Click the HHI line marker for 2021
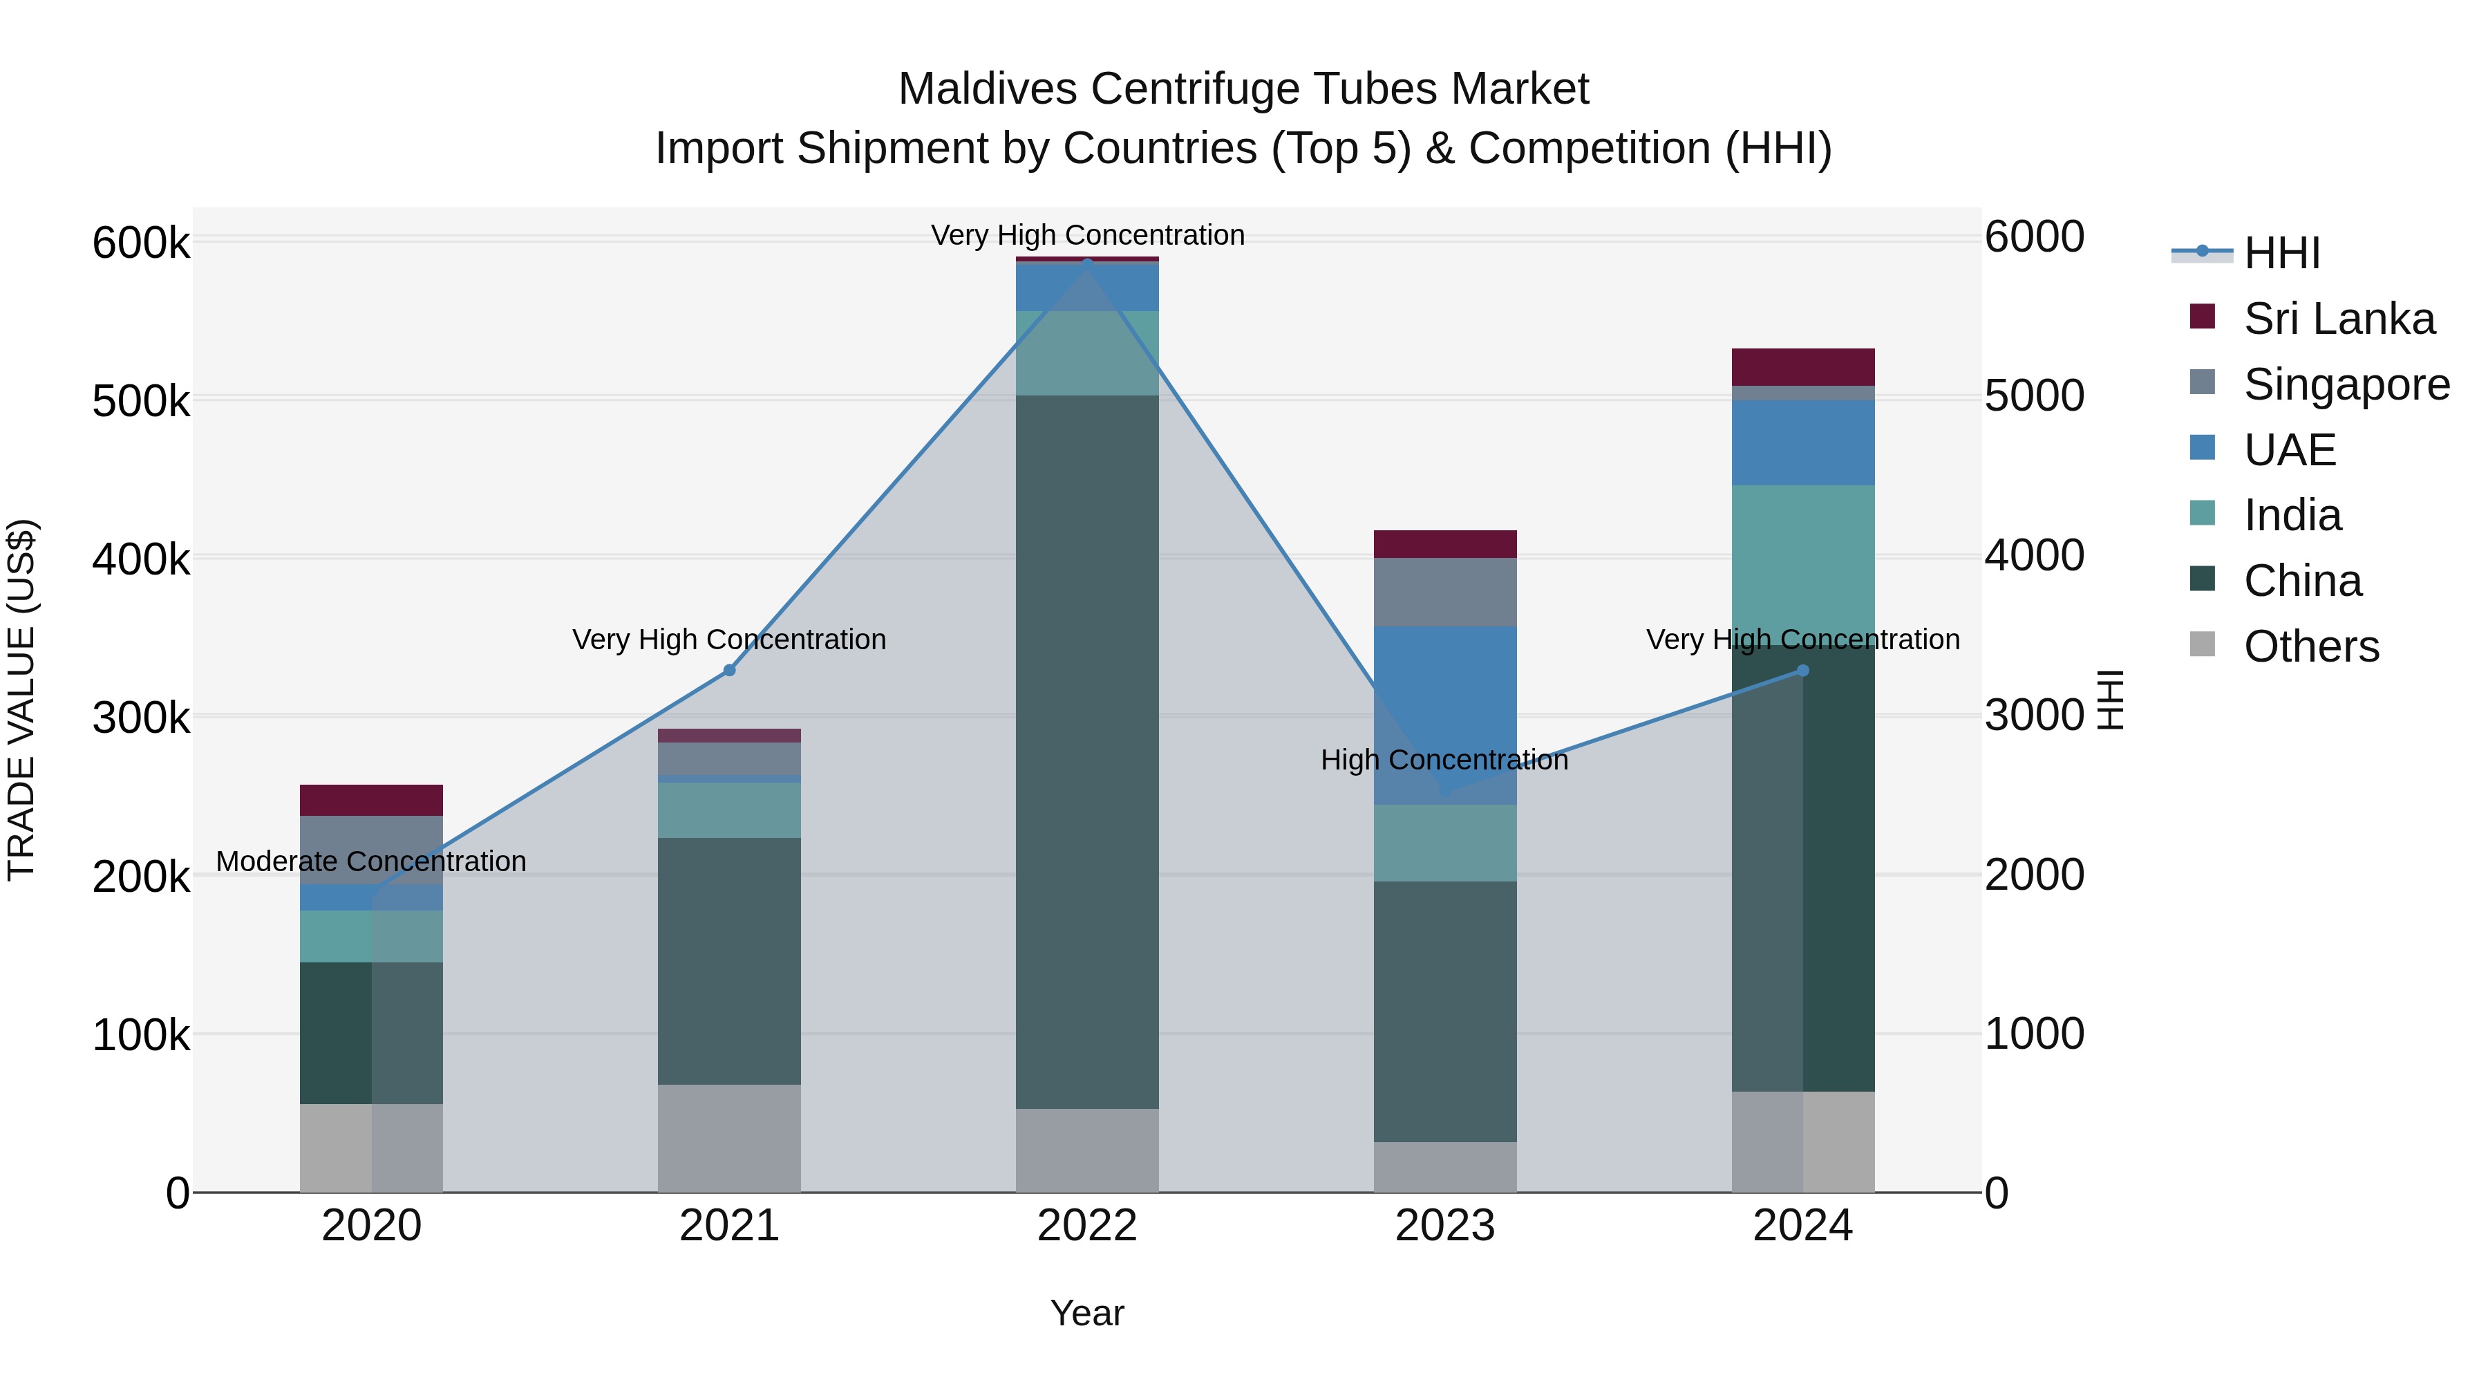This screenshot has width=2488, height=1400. [729, 671]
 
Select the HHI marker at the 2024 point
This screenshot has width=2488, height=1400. [1802, 671]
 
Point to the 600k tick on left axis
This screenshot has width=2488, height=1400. [141, 243]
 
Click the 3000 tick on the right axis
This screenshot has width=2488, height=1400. [2034, 716]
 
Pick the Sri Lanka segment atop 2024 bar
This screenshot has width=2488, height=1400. [1802, 367]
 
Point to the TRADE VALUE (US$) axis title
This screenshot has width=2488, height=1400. [22, 700]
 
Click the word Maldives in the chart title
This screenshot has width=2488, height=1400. [987, 90]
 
